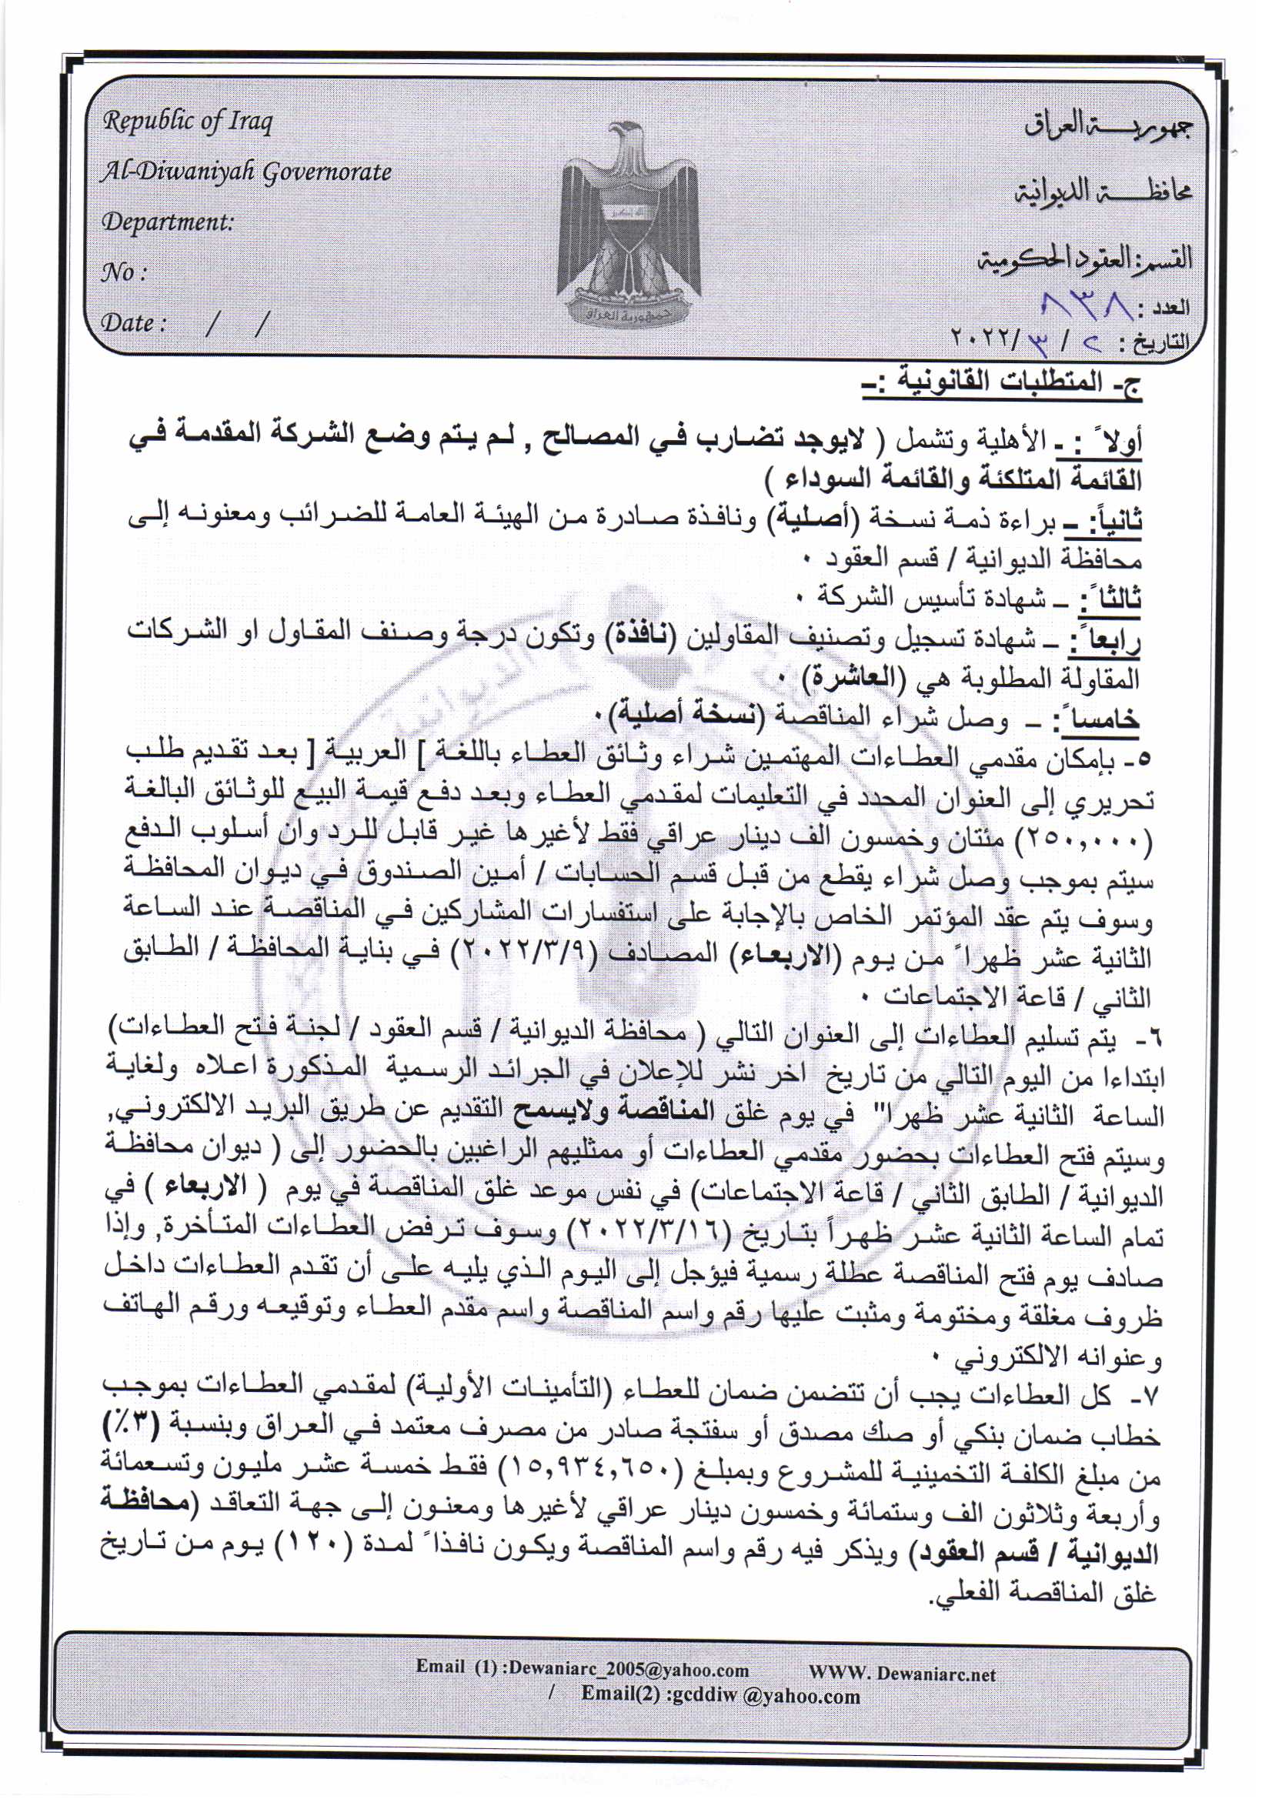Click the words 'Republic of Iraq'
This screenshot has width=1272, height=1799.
point(187,122)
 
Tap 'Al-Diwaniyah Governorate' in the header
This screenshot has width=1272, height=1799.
point(245,172)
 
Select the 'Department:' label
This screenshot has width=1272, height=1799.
point(168,222)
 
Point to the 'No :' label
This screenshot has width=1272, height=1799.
point(124,272)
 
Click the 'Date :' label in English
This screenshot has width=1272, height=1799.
point(133,323)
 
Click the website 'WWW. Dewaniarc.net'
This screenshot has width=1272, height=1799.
point(902,1674)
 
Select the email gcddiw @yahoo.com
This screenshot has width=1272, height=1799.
point(721,1695)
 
